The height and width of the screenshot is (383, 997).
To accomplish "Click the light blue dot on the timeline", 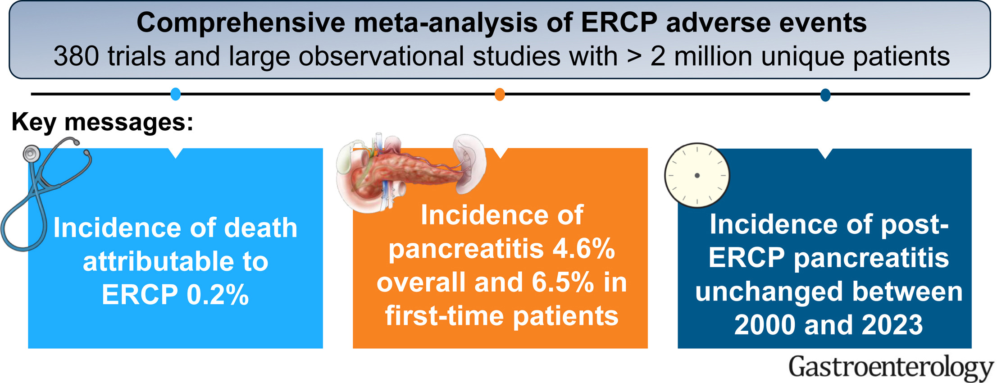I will click(x=176, y=94).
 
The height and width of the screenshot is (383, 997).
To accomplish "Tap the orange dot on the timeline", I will click(x=500, y=95).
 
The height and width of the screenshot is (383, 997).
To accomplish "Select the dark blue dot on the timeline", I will click(x=825, y=95).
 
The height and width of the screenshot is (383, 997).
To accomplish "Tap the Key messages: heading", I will click(x=102, y=122).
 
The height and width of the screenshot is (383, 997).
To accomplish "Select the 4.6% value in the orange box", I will click(x=584, y=249).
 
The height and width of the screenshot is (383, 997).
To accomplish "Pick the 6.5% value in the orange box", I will click(x=563, y=283).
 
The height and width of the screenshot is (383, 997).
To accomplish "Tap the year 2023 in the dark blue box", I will click(x=892, y=325).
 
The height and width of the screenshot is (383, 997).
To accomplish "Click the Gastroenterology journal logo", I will click(x=891, y=368).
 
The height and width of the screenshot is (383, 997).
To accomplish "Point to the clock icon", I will click(x=697, y=175).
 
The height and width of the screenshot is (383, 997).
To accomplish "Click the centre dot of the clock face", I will click(x=697, y=175).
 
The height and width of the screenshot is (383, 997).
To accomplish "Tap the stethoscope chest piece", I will click(x=31, y=154).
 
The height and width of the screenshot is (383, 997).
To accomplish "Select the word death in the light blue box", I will click(x=261, y=228).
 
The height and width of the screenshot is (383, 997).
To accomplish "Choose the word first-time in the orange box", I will click(x=444, y=316).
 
